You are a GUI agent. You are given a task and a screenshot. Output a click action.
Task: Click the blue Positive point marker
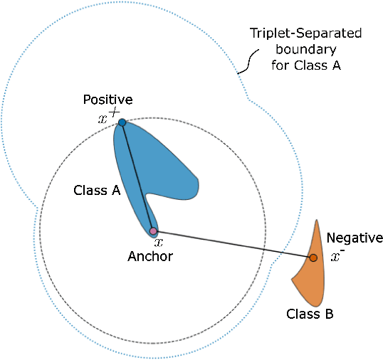[122, 122]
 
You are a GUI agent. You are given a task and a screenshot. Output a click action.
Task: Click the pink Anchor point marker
[153, 231]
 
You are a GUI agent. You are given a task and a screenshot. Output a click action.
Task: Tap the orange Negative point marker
[313, 258]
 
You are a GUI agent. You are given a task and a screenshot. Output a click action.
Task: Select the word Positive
[107, 99]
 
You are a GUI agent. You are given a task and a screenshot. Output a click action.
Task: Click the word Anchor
[149, 256]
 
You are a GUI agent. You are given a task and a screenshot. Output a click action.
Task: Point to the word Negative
[355, 238]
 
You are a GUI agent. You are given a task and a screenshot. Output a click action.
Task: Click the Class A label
[95, 191]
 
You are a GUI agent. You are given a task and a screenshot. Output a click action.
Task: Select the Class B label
[309, 313]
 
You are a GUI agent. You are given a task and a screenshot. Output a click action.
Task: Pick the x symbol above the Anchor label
[159, 242]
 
